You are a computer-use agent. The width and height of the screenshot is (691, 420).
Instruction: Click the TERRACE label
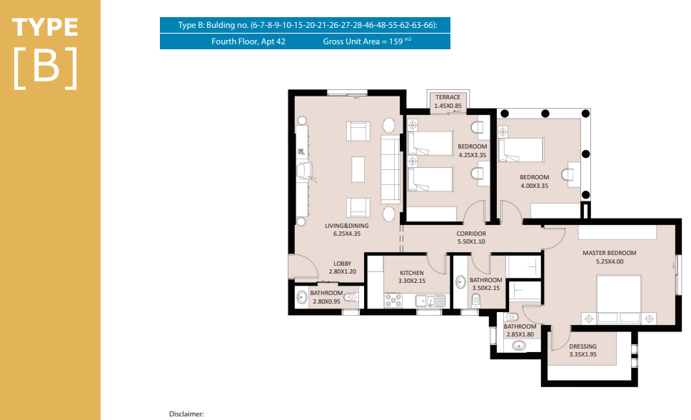tap(448, 97)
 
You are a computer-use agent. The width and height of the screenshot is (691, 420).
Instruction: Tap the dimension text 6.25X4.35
tap(347, 234)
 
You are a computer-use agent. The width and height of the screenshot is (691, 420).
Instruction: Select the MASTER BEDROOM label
tap(610, 253)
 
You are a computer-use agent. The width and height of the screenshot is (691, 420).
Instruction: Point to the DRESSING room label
tap(582, 346)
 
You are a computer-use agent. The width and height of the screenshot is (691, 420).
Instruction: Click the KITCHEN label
tap(412, 273)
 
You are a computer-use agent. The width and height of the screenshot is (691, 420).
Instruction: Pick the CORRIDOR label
tap(471, 234)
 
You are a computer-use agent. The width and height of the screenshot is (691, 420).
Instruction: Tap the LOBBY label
tap(343, 264)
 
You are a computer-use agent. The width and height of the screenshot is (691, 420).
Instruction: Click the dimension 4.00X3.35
tap(535, 186)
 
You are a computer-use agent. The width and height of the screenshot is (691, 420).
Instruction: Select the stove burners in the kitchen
tap(393, 301)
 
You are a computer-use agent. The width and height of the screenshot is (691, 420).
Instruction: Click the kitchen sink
tap(430, 301)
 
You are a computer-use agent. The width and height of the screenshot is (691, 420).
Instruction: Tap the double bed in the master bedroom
tap(619, 300)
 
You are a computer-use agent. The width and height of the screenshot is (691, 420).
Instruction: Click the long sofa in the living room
tap(390, 169)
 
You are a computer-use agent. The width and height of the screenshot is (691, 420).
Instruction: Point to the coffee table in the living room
tap(358, 169)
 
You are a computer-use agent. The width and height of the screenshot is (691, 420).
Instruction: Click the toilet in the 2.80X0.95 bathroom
tap(350, 297)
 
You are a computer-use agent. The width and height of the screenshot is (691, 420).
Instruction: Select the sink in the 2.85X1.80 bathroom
tap(519, 345)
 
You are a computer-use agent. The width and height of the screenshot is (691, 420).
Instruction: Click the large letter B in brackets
tap(46, 66)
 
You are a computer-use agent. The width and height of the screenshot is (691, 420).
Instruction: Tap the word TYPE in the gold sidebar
tap(45, 27)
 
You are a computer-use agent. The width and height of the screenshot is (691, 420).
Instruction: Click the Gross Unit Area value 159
tap(395, 41)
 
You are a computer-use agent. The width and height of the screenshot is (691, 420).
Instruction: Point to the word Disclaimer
tap(186, 414)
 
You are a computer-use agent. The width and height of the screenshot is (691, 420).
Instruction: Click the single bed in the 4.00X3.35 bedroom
tap(521, 150)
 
